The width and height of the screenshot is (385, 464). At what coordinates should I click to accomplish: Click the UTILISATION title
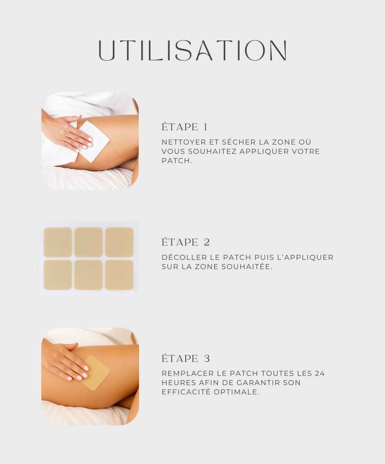pos(192,50)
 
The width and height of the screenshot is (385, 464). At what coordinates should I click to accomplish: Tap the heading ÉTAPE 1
pos(184,127)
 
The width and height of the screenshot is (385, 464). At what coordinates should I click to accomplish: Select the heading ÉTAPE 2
pos(185,242)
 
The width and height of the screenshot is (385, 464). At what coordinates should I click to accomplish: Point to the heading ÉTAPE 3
pos(185,358)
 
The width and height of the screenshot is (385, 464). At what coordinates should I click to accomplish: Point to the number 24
pos(320,373)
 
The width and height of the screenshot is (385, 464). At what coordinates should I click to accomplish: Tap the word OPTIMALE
pos(236,392)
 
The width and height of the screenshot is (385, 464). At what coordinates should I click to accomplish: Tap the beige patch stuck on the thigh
pos(96,373)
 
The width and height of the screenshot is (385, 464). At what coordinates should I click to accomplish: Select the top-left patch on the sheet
pos(58,242)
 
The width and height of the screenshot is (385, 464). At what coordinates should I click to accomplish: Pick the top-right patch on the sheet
pos(119,242)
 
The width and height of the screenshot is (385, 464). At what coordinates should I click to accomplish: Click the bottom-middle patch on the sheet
pos(88,275)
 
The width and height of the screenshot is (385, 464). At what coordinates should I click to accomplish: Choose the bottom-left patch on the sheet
pos(58,275)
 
